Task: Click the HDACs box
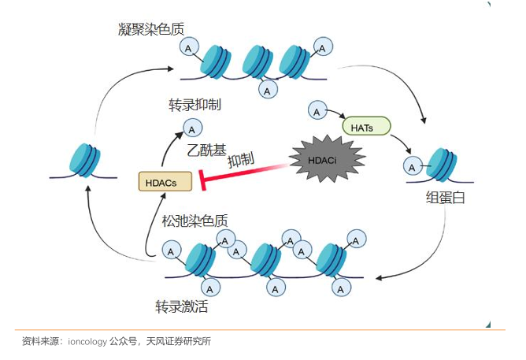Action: pos(165,181)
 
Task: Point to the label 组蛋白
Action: pos(445,197)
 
